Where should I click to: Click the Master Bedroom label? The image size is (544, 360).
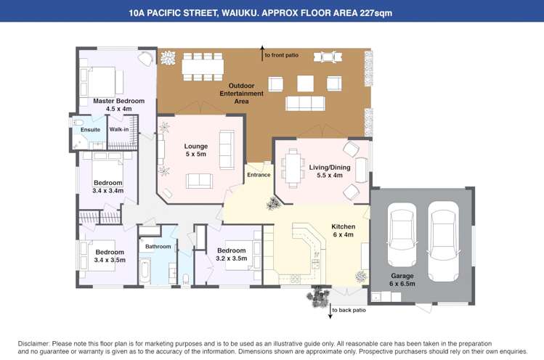coord(118,105)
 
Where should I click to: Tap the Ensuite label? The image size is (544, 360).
coord(90,130)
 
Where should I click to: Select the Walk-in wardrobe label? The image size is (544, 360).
coord(119,129)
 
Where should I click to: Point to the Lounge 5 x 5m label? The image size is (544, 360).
coord(196,150)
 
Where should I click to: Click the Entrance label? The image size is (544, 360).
coord(259,175)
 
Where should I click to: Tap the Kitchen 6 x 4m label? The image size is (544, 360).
coord(344,231)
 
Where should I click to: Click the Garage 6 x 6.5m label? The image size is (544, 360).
coord(402,280)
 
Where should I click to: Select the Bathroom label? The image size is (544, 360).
coord(158,247)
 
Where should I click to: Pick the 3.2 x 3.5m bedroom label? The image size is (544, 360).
coord(232,254)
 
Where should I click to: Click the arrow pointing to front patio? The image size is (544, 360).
coord(262,54)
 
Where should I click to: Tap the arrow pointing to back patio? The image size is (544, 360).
coord(330,311)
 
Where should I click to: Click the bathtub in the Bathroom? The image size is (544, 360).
coord(145,271)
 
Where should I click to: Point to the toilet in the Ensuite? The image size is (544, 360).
coord(77,122)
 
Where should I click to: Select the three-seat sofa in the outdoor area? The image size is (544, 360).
coord(305,103)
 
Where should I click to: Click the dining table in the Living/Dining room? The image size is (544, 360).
coord(293,168)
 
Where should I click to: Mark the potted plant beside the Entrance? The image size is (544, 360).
coord(274,203)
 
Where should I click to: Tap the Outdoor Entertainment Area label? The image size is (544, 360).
coord(241,94)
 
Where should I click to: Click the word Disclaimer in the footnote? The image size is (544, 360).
coord(34,344)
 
